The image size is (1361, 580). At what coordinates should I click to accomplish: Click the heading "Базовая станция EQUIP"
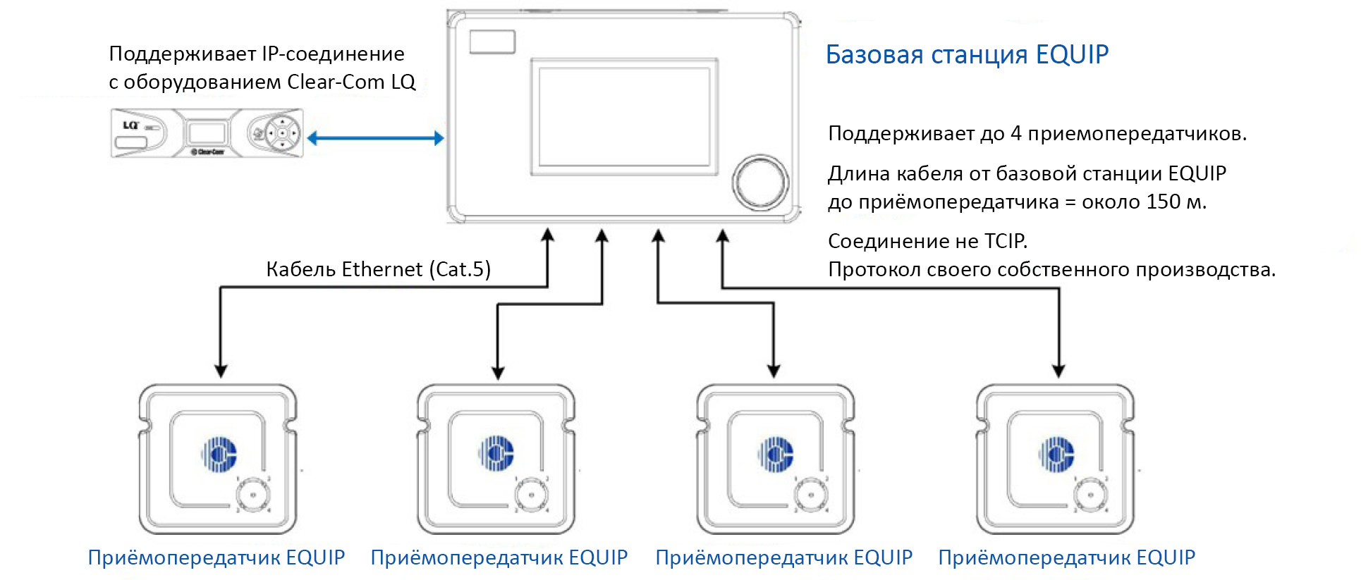(x=966, y=54)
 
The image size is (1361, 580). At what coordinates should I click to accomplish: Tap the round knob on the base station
(x=760, y=181)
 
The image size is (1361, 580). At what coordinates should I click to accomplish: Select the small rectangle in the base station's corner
(x=492, y=42)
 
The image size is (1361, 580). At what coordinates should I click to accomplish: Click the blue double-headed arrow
(x=375, y=138)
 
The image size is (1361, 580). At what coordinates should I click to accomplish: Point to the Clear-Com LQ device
(x=207, y=132)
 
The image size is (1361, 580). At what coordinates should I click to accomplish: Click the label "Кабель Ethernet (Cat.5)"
(x=378, y=269)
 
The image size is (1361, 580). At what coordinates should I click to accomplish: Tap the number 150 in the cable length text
(x=1163, y=202)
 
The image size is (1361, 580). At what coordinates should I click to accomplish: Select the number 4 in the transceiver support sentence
(x=1015, y=133)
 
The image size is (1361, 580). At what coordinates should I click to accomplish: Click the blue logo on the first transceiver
(x=219, y=454)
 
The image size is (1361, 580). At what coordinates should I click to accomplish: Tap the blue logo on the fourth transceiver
(x=1056, y=454)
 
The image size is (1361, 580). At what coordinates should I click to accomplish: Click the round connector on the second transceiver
(x=531, y=494)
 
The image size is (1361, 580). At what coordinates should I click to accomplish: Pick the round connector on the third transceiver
(x=810, y=494)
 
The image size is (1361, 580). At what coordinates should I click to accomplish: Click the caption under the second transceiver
(x=499, y=557)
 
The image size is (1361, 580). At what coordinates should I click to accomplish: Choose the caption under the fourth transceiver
(x=1066, y=557)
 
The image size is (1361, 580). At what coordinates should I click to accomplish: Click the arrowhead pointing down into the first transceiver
(x=221, y=371)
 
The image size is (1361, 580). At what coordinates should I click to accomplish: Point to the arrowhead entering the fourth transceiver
(x=1058, y=371)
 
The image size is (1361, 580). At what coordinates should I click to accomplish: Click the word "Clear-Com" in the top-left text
(x=336, y=82)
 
